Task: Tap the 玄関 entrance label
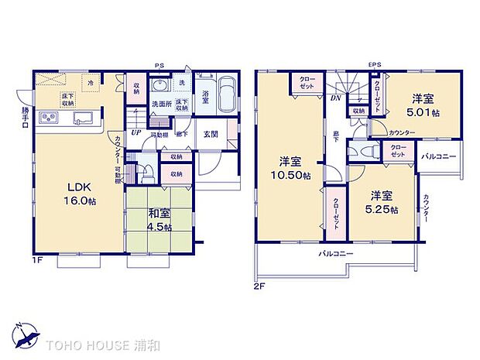(211, 133)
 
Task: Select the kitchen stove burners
(48, 118)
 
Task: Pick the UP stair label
(135, 132)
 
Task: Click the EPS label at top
(375, 64)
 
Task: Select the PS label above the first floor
(159, 65)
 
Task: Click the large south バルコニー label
(335, 254)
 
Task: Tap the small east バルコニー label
(437, 157)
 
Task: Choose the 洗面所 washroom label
(160, 103)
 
